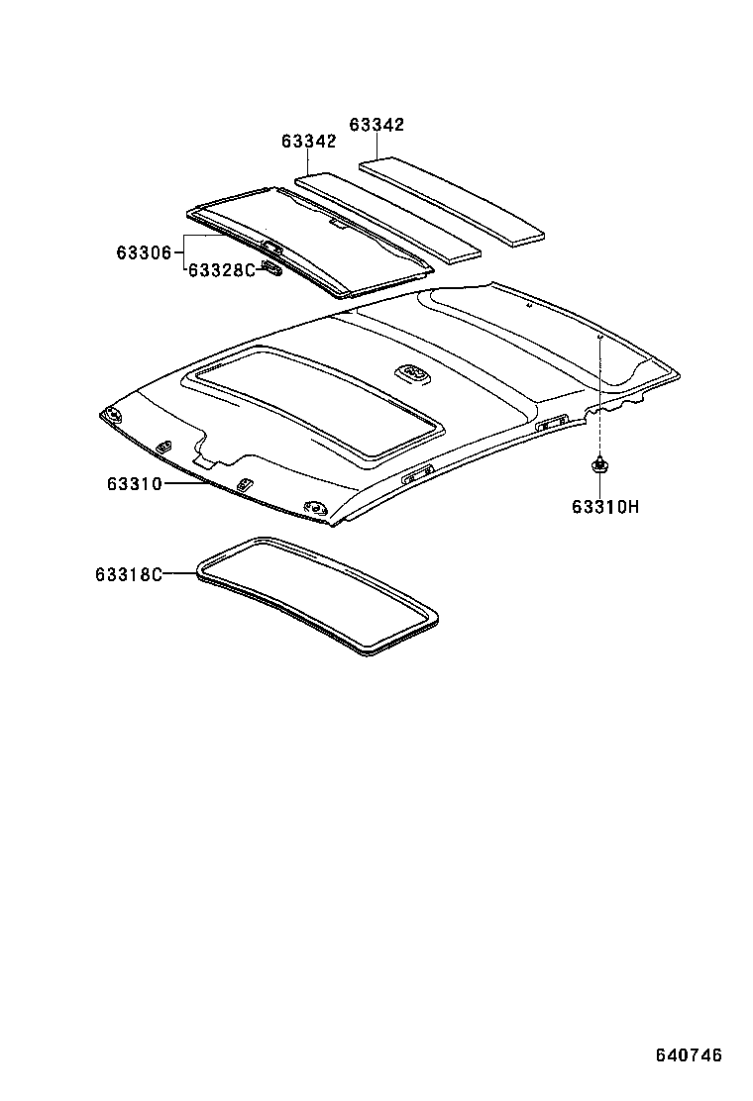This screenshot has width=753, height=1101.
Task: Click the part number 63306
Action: pyautogui.click(x=145, y=252)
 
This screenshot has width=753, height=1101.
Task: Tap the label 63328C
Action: pyautogui.click(x=222, y=268)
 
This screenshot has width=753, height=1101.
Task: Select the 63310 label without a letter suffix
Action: pyautogui.click(x=136, y=483)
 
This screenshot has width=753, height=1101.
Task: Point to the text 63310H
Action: pyautogui.click(x=605, y=507)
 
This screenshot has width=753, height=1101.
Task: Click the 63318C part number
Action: pyautogui.click(x=129, y=574)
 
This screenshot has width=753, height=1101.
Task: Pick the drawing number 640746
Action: pyautogui.click(x=689, y=1054)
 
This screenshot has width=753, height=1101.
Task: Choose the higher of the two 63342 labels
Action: pyautogui.click(x=376, y=125)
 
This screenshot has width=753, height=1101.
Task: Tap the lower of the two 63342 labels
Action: pyautogui.click(x=308, y=142)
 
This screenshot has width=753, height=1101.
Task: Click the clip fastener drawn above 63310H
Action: pyautogui.click(x=600, y=463)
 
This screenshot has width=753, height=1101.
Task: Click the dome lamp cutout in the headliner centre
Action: pyautogui.click(x=412, y=373)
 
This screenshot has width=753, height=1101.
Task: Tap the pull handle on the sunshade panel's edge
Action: pyautogui.click(x=270, y=248)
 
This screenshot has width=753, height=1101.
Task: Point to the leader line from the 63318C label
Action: pyautogui.click(x=180, y=573)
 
